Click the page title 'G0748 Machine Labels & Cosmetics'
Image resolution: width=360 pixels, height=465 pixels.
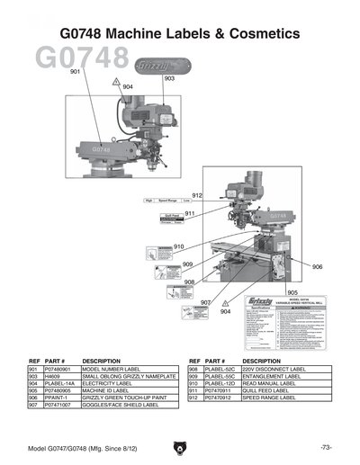coord(179,33)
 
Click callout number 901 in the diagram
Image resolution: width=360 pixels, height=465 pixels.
coord(75,71)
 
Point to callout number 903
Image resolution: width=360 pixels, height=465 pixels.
coord(168,79)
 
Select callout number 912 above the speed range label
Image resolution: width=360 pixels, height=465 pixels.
coord(197,195)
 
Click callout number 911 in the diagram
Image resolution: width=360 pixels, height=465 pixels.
coord(190,213)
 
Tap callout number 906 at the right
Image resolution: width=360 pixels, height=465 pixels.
coord(317,267)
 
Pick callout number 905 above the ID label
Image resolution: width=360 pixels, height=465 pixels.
coord(292,292)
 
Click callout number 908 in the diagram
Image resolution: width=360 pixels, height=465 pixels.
coord(190,282)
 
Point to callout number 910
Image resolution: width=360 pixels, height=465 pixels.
coord(179,246)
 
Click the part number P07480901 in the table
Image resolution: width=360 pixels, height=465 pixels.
coord(58,369)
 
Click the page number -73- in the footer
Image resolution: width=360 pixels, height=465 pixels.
coord(325,447)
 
